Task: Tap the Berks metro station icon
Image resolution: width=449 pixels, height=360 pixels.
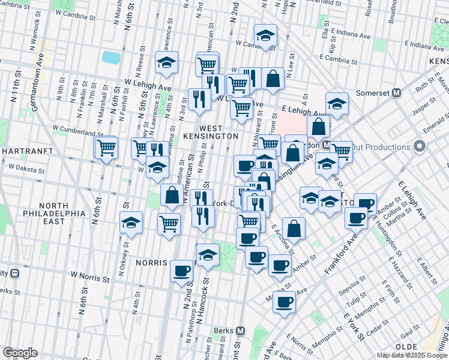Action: click(241, 331)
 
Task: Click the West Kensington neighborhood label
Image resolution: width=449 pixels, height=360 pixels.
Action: click(210, 132)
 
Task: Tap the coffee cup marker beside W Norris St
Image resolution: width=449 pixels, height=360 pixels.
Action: click(181, 271)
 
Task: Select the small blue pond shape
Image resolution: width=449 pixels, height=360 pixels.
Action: click(111, 58)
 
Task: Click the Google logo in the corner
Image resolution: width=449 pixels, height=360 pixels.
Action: click(20, 353)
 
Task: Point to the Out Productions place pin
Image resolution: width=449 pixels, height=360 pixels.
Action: click(420, 146)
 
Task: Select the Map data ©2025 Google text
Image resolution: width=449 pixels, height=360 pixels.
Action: click(411, 355)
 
